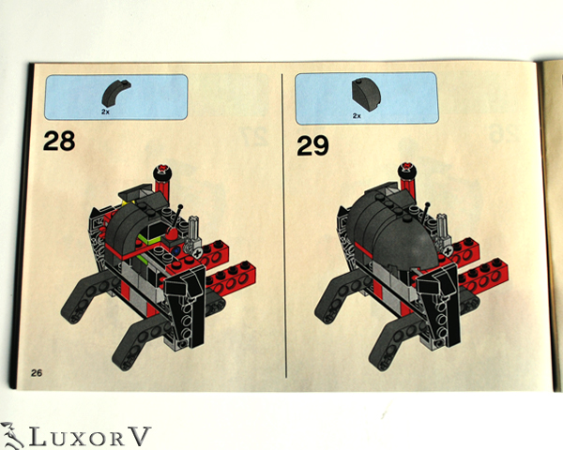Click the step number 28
59,142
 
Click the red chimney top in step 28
163,172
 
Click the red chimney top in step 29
410,171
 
